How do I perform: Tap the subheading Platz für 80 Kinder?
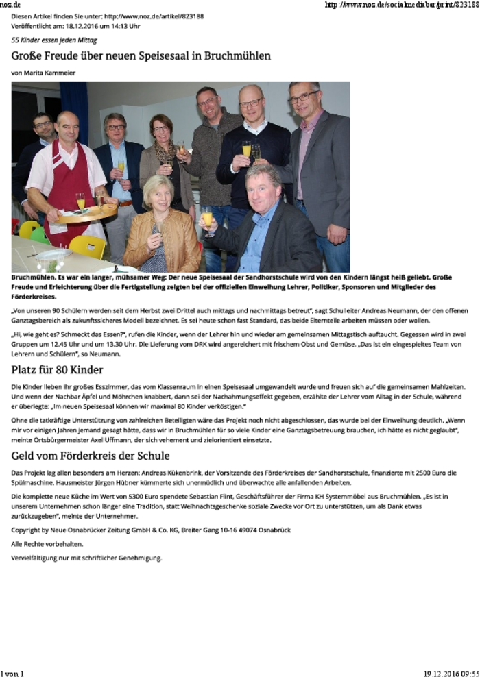(x=58, y=371)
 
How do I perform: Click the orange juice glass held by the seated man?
(x=206, y=219)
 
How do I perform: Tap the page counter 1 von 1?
(x=12, y=674)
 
